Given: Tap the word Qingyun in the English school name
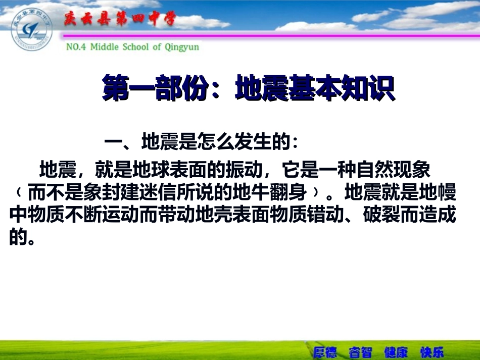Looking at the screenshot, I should (181, 47).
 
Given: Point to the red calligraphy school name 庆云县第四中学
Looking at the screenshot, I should (119, 20).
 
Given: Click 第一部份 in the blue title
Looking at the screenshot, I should (156, 89).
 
